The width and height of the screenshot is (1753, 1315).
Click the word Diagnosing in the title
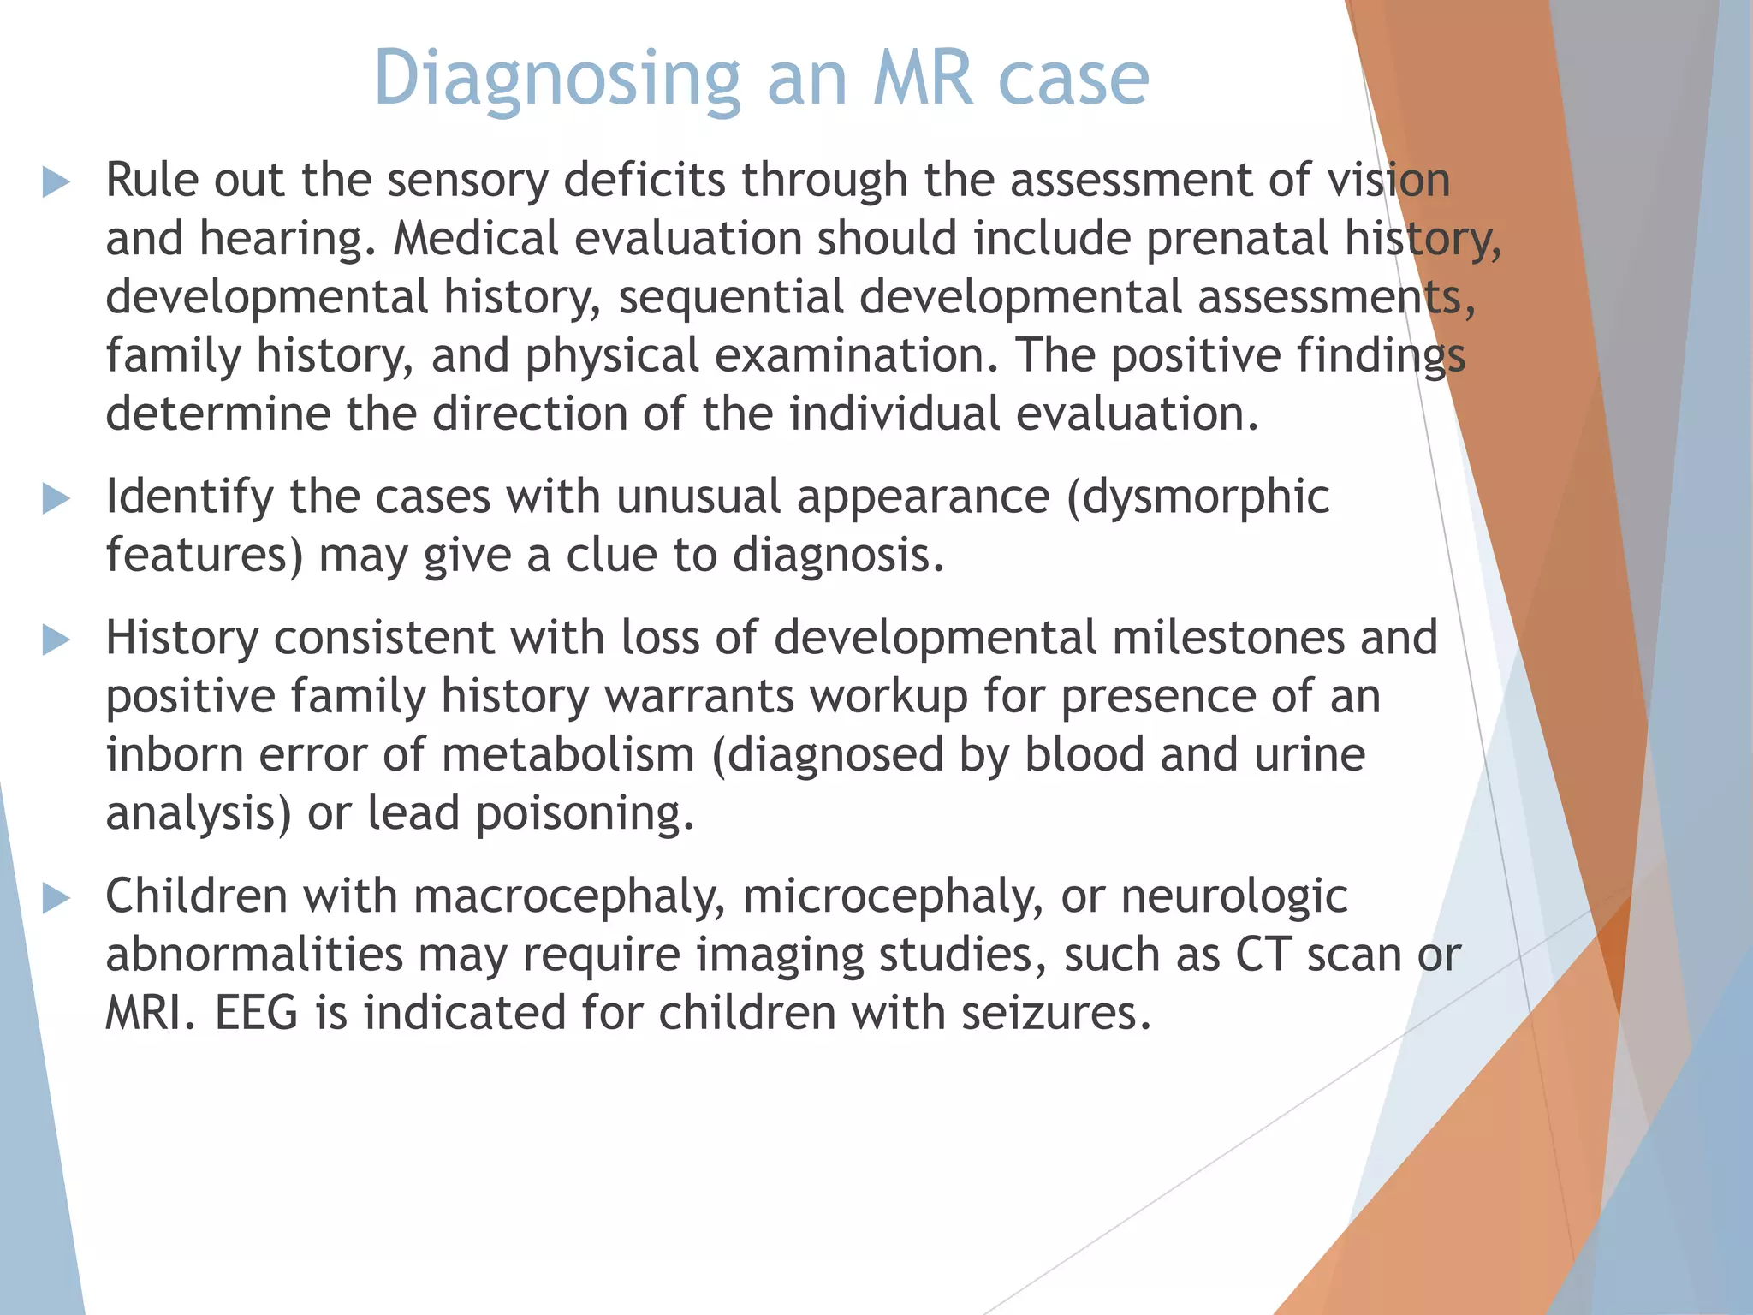pyautogui.click(x=556, y=79)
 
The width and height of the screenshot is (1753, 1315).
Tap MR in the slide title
pyautogui.click(x=923, y=79)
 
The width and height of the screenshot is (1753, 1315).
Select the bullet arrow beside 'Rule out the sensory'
pyautogui.click(x=56, y=181)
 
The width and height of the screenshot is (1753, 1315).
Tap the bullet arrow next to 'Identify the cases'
pyautogui.click(x=56, y=498)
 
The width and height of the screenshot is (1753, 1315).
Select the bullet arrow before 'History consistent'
pyautogui.click(x=56, y=640)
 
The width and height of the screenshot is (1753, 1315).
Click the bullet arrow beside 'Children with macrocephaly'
pyautogui.click(x=56, y=898)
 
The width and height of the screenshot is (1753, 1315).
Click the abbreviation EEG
pyautogui.click(x=256, y=1013)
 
